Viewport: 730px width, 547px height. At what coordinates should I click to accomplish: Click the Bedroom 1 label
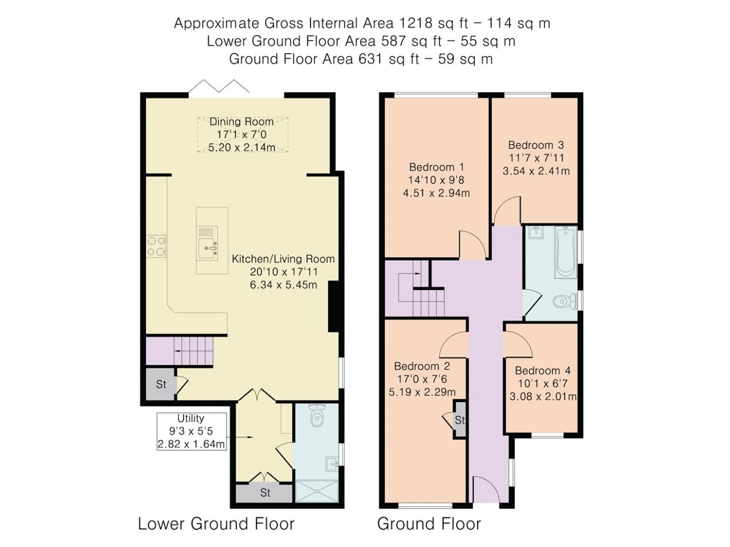click(436, 167)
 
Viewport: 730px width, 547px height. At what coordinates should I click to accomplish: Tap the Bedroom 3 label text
click(536, 145)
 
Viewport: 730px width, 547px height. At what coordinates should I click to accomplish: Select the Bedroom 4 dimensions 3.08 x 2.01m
click(543, 396)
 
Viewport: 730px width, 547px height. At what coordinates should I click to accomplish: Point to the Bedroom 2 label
click(422, 366)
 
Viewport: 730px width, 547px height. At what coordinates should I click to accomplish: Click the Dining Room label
click(241, 121)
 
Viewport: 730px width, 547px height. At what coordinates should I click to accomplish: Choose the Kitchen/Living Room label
click(283, 259)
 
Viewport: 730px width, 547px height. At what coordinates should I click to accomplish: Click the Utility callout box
click(191, 431)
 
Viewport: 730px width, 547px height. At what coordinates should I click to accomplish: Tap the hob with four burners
click(156, 246)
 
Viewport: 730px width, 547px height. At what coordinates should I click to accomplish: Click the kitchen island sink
click(208, 248)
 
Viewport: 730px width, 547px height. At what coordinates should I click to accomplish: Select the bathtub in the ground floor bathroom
click(565, 253)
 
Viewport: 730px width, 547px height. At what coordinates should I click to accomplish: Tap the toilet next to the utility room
click(315, 415)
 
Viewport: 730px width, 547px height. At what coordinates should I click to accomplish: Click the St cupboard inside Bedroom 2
click(460, 420)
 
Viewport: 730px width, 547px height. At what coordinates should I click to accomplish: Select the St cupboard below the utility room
click(264, 493)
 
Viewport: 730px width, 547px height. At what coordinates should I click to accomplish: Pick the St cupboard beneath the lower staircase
click(161, 384)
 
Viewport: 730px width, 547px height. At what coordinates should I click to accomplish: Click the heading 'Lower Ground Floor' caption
click(216, 524)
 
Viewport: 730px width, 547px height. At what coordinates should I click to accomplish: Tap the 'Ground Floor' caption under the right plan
click(429, 524)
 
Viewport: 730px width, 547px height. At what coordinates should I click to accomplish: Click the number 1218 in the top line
click(415, 23)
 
